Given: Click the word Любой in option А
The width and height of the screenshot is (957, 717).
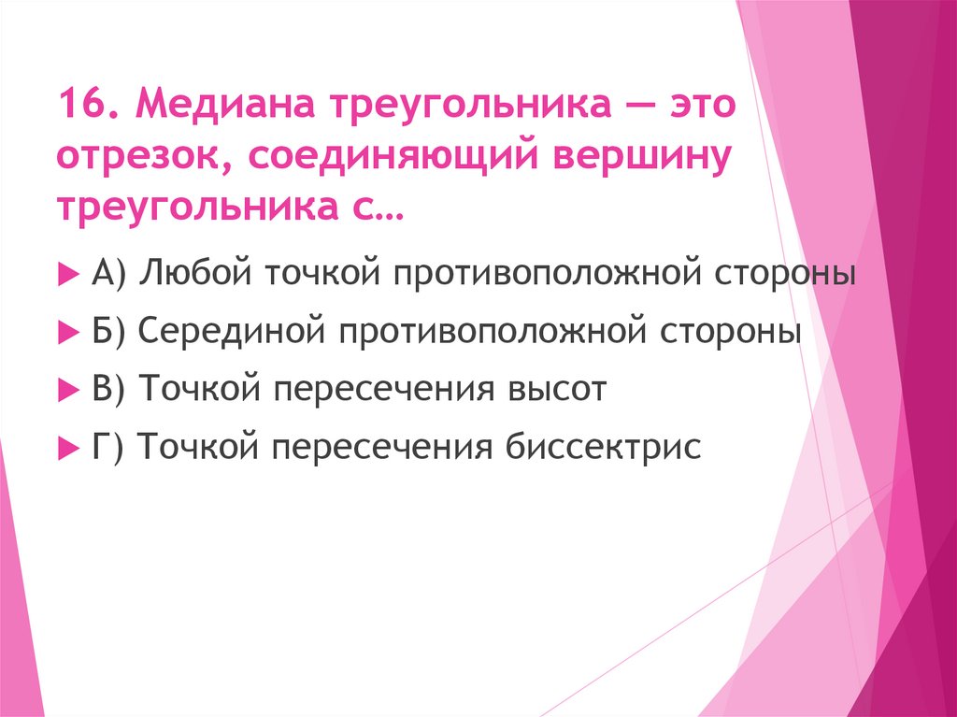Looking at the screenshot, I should tap(197, 276).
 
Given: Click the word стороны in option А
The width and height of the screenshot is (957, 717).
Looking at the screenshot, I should tap(783, 276).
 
